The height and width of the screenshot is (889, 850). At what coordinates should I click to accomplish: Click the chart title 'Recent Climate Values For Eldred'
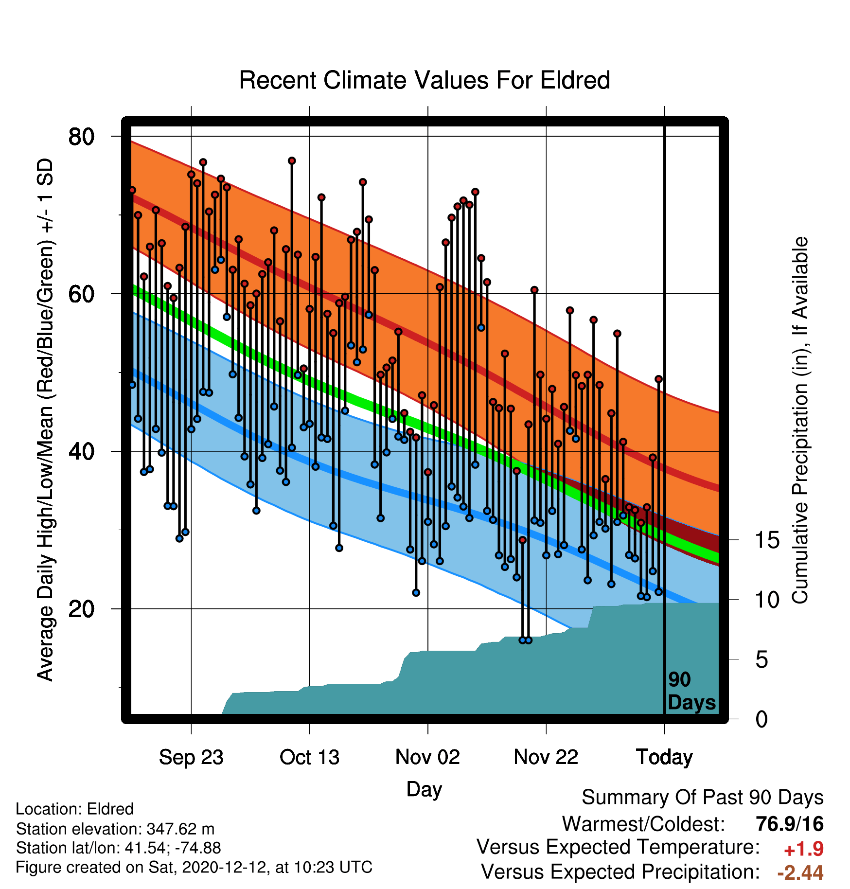point(425,80)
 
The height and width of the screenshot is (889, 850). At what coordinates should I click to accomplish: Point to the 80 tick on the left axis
point(82,137)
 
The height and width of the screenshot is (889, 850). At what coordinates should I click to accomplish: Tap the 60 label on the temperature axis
point(82,294)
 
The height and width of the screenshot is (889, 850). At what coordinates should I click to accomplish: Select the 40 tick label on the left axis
point(82,452)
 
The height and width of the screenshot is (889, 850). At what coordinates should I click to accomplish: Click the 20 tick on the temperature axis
point(82,609)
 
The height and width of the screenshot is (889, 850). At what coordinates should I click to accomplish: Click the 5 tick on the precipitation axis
point(761,660)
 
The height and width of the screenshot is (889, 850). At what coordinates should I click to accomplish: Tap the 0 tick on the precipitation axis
point(761,719)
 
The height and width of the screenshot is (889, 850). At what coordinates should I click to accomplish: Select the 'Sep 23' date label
point(191,757)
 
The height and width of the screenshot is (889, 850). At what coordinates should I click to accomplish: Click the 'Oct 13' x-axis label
point(309,757)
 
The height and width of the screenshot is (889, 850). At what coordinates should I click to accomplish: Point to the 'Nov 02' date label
point(427,757)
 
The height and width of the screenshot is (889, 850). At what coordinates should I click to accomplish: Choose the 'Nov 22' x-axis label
point(546,757)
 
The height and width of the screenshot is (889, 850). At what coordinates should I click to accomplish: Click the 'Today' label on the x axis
point(664,757)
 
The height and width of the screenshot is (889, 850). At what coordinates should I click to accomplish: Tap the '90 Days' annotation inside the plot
point(691,691)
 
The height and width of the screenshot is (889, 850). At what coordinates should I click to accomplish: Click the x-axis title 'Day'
point(424,789)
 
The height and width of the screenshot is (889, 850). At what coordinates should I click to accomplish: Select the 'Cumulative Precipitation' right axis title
point(800,421)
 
